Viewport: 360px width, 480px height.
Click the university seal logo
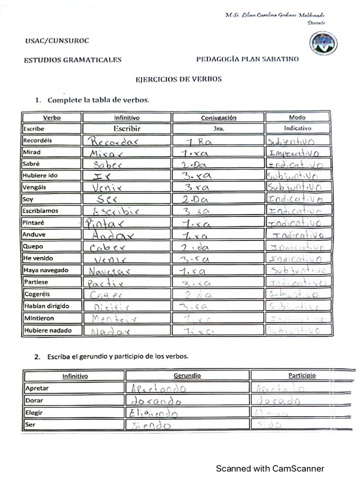click(x=323, y=44)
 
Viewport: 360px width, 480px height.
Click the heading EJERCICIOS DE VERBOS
click(x=179, y=79)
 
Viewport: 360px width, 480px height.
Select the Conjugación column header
click(x=218, y=118)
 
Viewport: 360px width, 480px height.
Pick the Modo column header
click(x=297, y=117)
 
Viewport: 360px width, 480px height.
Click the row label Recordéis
click(x=37, y=140)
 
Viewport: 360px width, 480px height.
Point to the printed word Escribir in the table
click(x=127, y=128)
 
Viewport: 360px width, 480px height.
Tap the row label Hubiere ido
click(x=40, y=175)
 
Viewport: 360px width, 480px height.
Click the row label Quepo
click(x=33, y=246)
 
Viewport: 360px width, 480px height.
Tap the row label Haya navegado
click(x=45, y=270)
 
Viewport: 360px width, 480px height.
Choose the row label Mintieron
click(x=38, y=318)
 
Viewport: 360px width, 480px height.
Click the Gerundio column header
click(x=187, y=375)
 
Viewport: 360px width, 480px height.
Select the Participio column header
click(x=302, y=375)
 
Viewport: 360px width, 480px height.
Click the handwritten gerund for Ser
click(x=151, y=426)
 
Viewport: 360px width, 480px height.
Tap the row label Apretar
click(x=37, y=388)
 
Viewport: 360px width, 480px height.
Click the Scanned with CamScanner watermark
click(x=270, y=468)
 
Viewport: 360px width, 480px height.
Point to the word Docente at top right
click(x=316, y=22)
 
